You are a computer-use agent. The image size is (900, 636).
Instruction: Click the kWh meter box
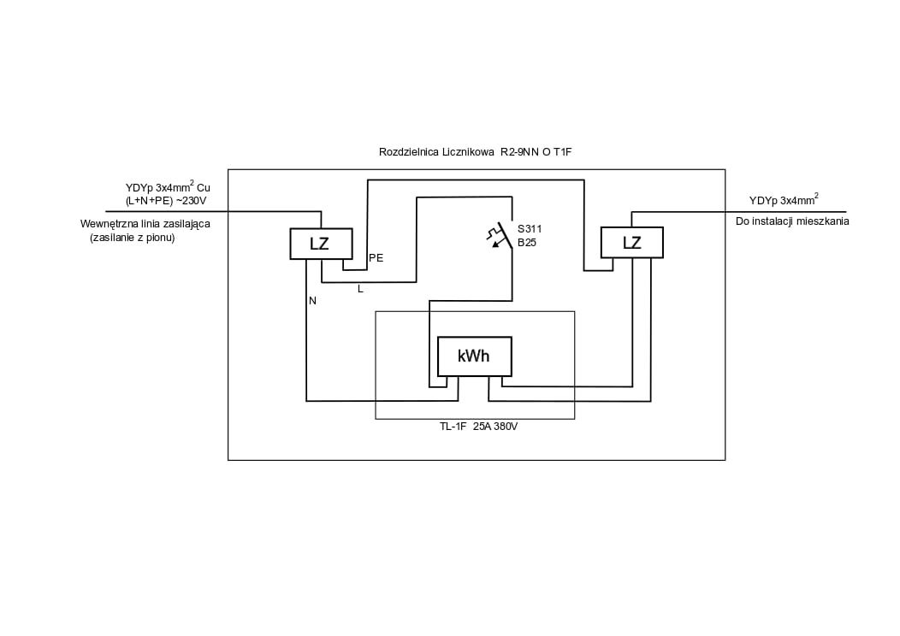click(x=475, y=356)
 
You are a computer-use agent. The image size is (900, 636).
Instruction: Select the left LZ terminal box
click(x=321, y=244)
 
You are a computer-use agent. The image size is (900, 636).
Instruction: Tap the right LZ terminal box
click(x=632, y=243)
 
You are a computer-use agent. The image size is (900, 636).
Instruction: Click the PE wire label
click(x=376, y=258)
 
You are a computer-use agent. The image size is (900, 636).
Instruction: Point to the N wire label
click(x=312, y=301)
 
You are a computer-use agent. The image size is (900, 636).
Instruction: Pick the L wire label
click(x=360, y=289)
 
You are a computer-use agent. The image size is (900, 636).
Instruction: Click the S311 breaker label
click(x=530, y=229)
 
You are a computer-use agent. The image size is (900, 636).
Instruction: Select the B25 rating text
click(x=527, y=243)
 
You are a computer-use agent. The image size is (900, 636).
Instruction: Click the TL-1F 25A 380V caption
click(x=475, y=427)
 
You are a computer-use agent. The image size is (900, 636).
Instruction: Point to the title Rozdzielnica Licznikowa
click(x=436, y=152)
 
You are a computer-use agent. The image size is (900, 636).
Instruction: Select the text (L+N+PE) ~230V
click(x=166, y=201)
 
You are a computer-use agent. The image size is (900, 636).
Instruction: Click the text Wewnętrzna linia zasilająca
click(x=145, y=224)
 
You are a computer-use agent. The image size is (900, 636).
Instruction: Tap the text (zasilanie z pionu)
click(x=132, y=238)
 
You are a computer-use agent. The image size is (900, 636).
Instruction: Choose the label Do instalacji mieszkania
click(x=792, y=221)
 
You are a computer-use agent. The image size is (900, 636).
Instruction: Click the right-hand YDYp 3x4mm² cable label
click(x=784, y=199)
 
